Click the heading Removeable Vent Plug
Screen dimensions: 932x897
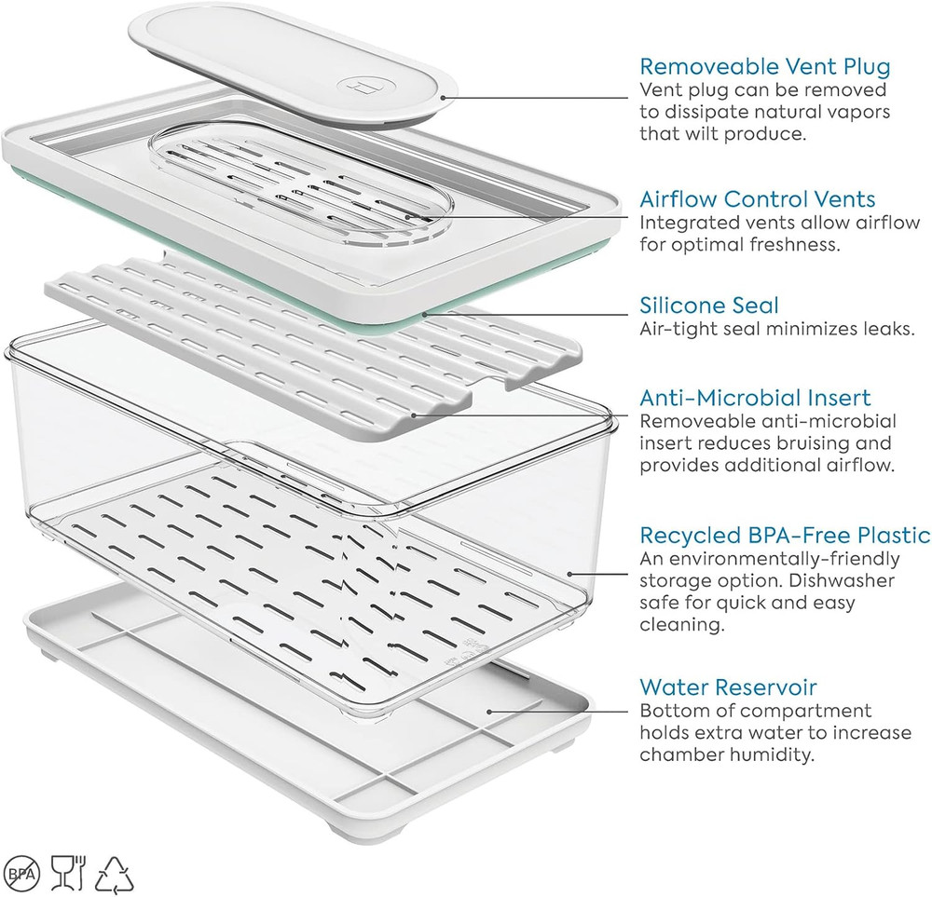tap(765, 66)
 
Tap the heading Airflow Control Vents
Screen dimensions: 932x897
tap(758, 199)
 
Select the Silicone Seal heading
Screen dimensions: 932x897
tap(709, 306)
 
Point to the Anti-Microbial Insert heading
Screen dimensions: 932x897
tap(756, 398)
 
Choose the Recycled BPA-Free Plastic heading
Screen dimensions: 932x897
tap(785, 535)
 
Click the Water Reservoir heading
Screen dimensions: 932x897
tap(728, 687)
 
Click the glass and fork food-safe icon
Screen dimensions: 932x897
tap(68, 873)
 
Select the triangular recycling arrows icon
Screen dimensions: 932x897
tap(115, 873)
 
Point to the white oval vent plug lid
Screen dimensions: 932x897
tap(293, 65)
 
